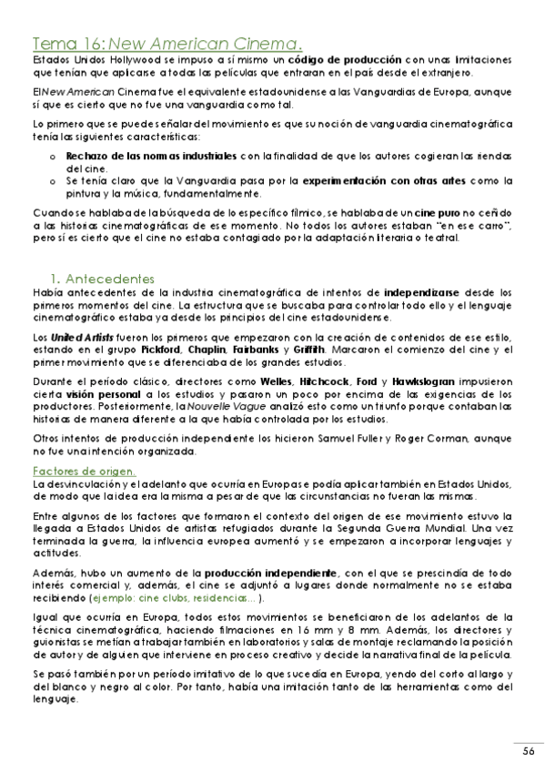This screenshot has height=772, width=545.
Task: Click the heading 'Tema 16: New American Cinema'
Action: [167, 43]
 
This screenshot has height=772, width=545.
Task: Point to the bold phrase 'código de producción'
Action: [322, 58]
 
